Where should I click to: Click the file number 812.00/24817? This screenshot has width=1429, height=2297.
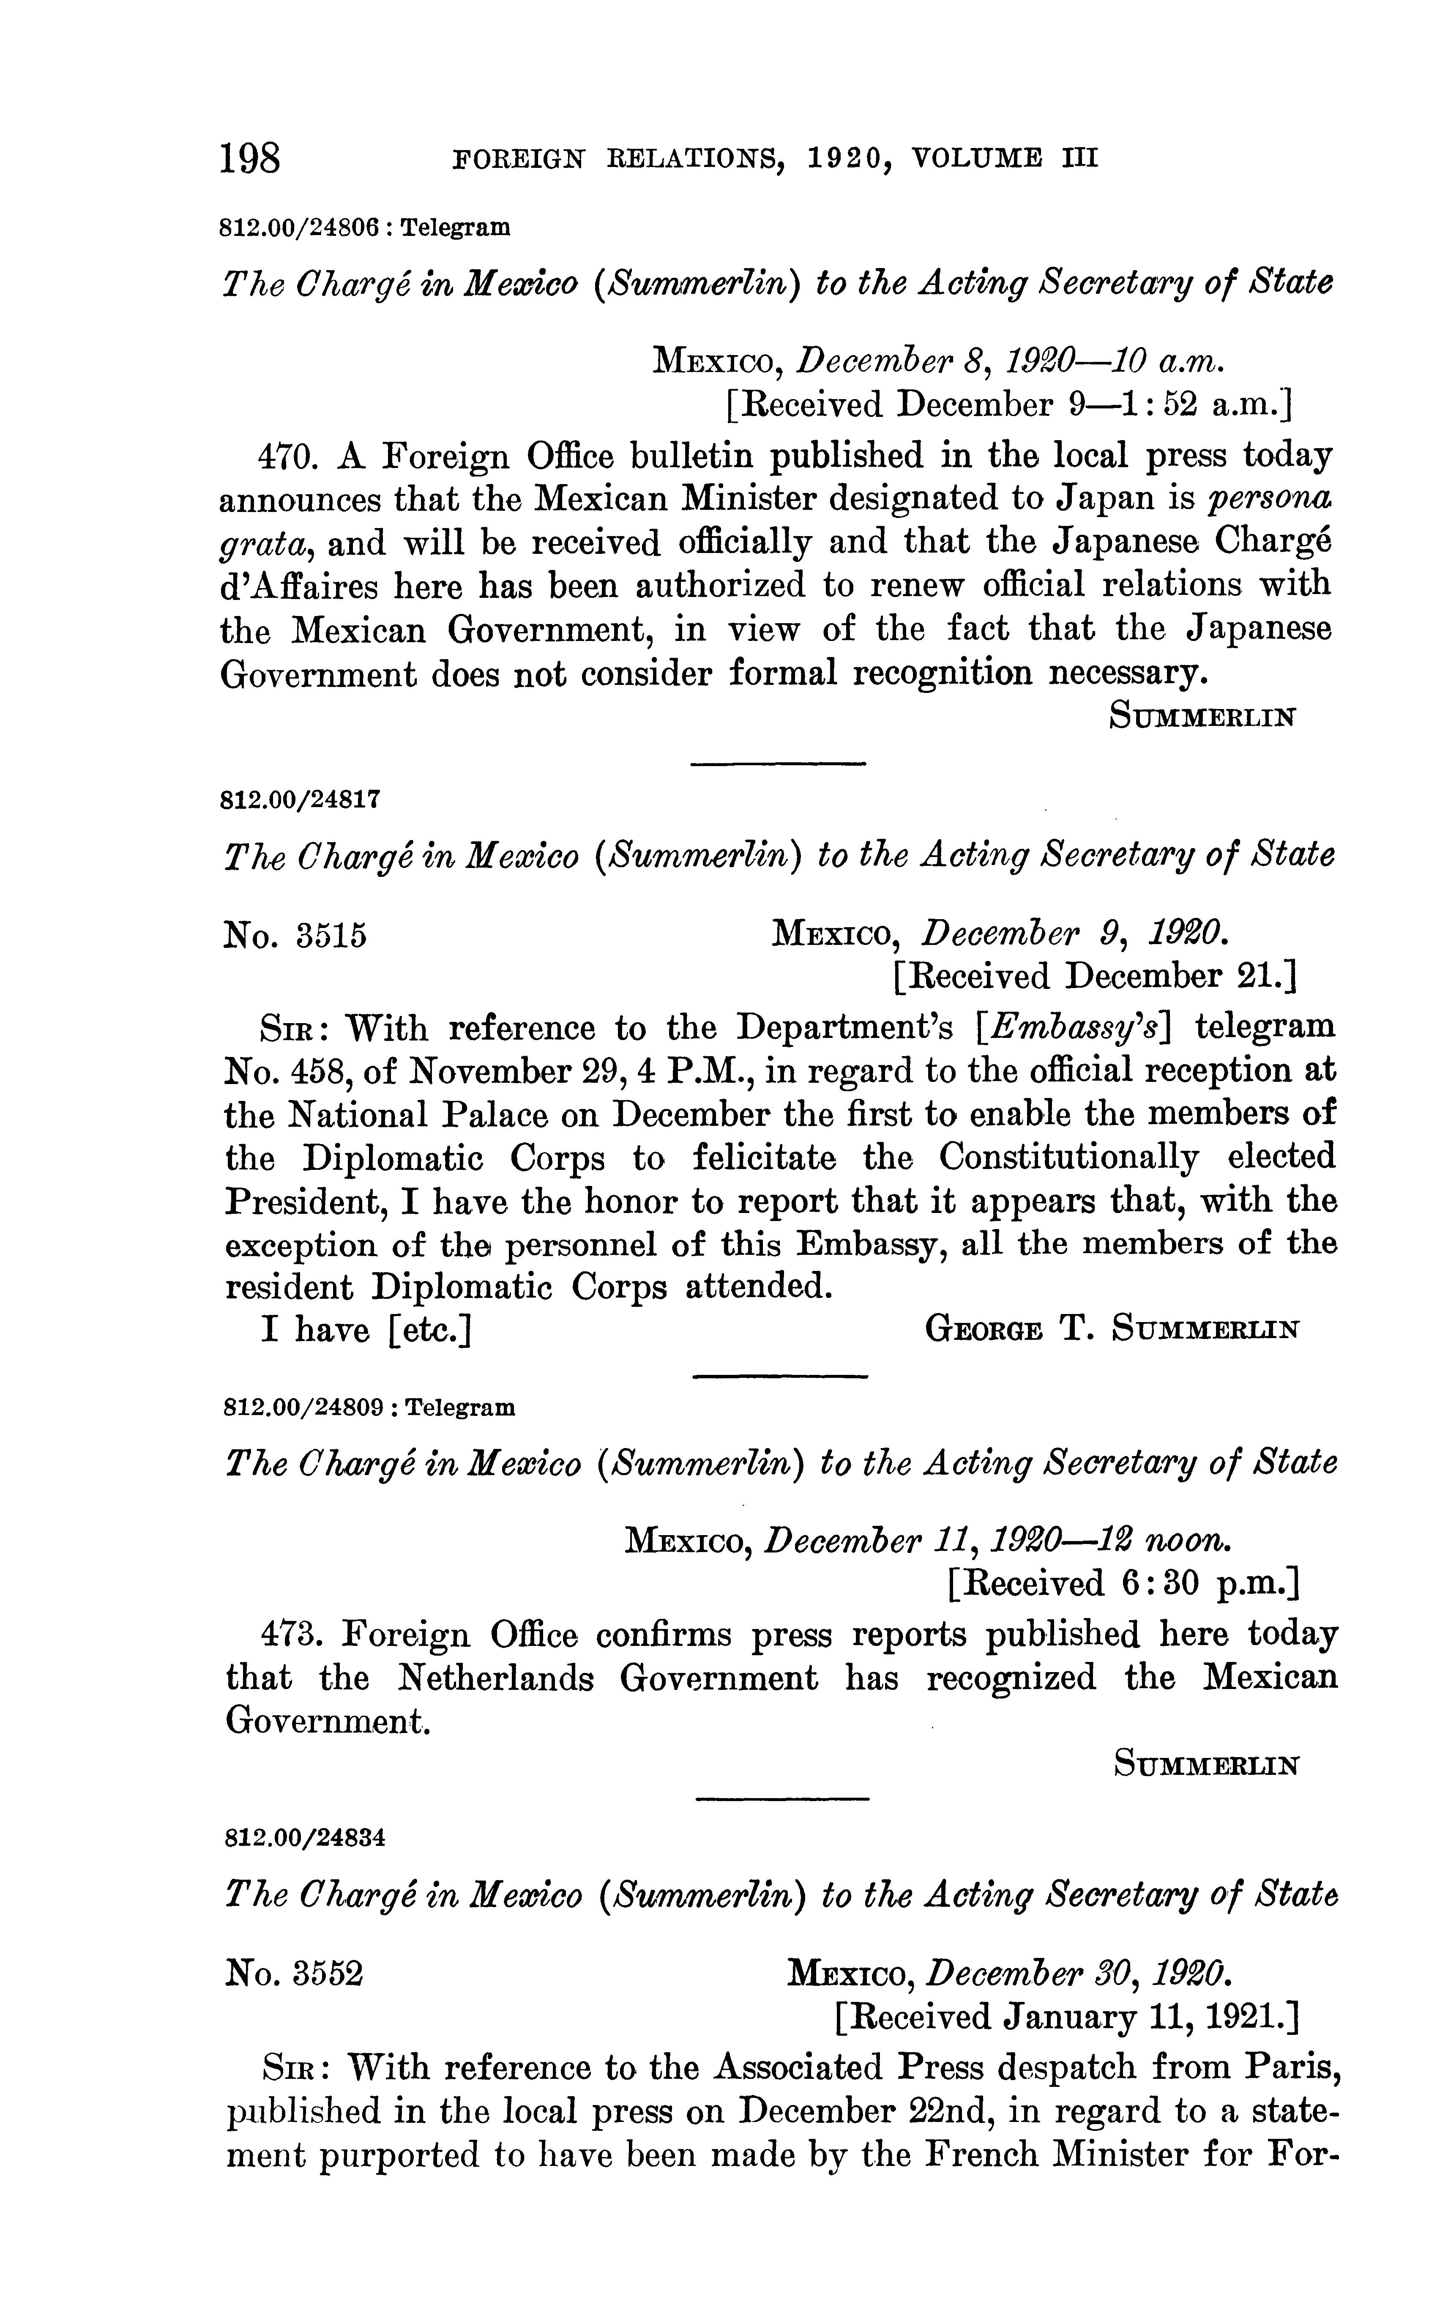point(301,799)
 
